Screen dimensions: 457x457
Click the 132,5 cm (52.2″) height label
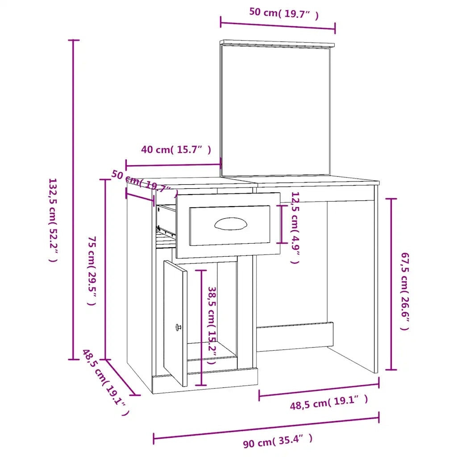[x=54, y=220]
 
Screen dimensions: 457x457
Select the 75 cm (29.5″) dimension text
[x=92, y=271]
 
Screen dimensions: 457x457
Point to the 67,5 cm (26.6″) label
[x=405, y=291]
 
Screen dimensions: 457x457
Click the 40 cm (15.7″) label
[x=176, y=150]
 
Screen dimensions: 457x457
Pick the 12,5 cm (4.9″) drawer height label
[x=295, y=228]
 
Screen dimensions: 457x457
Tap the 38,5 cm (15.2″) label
[x=212, y=325]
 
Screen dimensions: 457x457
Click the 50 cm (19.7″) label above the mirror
[x=284, y=14]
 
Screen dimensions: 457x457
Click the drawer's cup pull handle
[x=231, y=224]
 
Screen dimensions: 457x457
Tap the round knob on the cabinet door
[x=178, y=327]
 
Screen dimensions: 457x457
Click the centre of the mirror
[x=275, y=111]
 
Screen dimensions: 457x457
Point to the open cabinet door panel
[x=175, y=323]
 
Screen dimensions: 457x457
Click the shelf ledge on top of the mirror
[x=277, y=43]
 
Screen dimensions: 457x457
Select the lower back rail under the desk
[x=295, y=337]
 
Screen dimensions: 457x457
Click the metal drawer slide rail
[x=166, y=231]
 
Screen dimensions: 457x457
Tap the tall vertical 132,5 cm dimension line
[x=74, y=199]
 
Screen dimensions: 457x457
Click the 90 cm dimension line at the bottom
[x=266, y=428]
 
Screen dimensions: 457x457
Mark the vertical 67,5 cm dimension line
[x=391, y=284]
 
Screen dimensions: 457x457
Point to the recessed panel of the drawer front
[x=230, y=225]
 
